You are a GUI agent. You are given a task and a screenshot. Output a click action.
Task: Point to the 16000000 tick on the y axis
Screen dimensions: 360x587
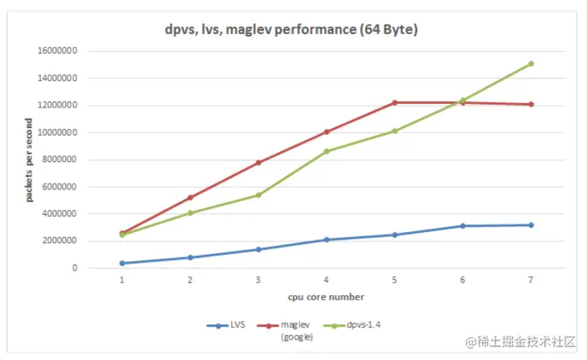[57, 51]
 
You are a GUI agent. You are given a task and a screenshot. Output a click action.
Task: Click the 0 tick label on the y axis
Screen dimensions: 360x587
[75, 268]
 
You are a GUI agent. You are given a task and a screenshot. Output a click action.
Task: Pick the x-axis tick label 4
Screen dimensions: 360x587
[326, 280]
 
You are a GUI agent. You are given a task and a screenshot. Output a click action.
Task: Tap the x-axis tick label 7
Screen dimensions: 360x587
[531, 280]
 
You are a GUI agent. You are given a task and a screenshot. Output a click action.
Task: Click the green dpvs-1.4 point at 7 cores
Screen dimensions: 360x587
[531, 64]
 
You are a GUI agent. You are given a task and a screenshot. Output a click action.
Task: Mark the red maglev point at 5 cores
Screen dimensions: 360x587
[394, 102]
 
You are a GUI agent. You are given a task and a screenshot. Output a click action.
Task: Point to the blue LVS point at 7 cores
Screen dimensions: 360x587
[531, 225]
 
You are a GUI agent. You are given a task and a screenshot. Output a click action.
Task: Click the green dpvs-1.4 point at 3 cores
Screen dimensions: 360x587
[258, 195]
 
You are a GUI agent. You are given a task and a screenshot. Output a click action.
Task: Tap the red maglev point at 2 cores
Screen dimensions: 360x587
[189, 198]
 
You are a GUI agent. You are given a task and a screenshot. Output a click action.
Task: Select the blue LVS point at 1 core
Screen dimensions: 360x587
[122, 263]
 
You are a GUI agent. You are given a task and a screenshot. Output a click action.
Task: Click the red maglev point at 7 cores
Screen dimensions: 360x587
[531, 104]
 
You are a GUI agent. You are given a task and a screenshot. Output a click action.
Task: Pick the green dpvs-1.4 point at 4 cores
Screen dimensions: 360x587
[326, 151]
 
